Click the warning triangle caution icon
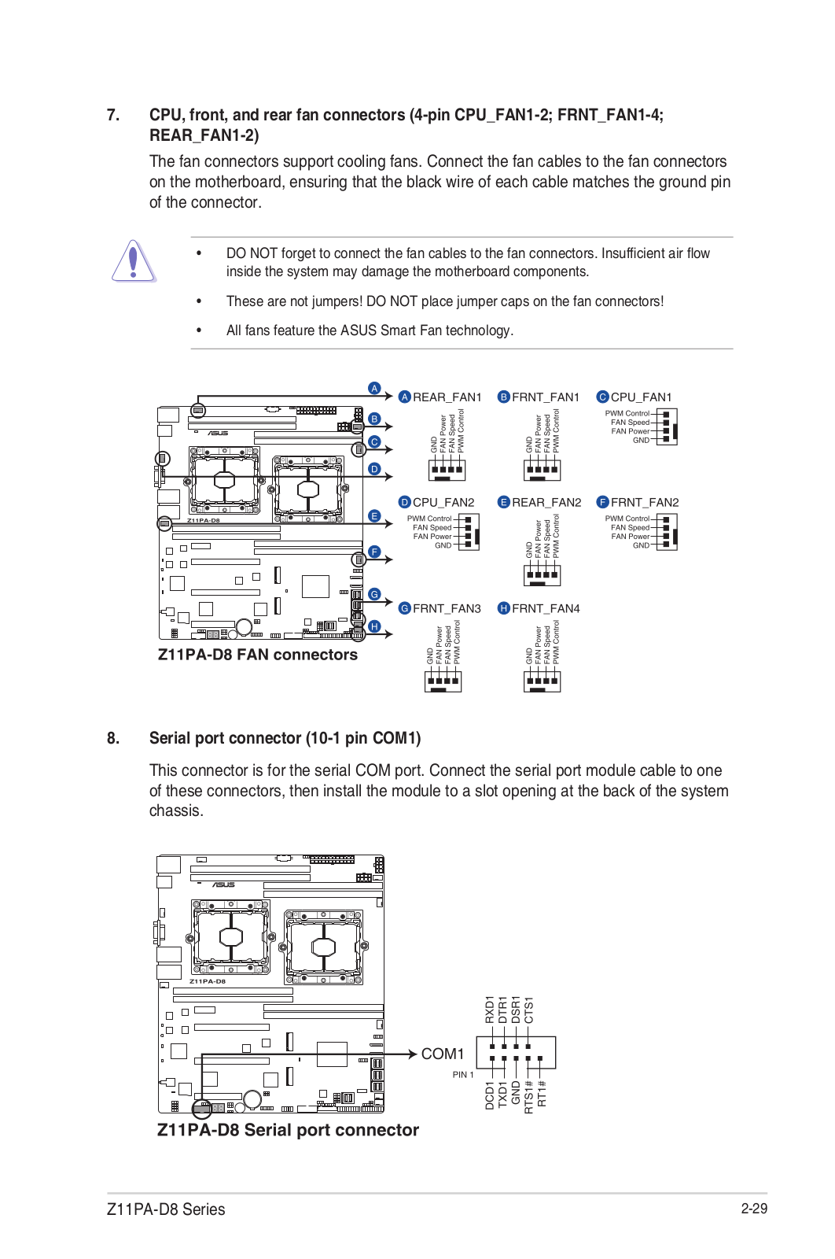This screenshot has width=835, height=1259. (133, 261)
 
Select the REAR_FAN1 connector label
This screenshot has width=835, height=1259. (447, 397)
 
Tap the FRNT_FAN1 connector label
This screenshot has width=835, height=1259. (545, 397)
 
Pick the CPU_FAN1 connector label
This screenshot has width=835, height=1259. (641, 397)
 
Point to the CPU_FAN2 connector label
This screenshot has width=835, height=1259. (443, 502)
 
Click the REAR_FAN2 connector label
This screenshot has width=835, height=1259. (546, 502)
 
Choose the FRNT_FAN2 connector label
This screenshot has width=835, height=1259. (645, 502)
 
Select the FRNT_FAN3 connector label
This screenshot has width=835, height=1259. (447, 608)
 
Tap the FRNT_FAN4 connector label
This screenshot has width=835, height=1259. (546, 608)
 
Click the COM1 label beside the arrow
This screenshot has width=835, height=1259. (443, 1054)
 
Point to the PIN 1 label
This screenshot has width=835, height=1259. (463, 1075)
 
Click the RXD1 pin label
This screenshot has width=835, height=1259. (490, 1010)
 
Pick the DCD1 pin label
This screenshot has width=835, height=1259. (490, 1095)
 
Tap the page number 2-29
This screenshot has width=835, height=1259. (753, 1209)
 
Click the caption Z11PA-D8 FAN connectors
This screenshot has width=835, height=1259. (257, 655)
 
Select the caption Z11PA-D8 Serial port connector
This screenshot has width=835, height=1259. (288, 1130)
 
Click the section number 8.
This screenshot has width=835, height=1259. (113, 738)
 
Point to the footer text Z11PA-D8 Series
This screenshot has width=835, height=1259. (166, 1209)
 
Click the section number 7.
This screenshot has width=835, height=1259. (113, 115)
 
